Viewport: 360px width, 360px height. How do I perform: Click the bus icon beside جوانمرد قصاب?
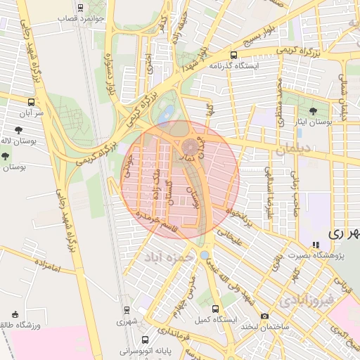tap(80, 8)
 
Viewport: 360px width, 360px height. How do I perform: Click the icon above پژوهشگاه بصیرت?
tap(316, 245)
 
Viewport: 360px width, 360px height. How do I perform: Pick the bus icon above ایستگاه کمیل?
tap(216, 309)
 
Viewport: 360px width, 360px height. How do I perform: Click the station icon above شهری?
tap(127, 309)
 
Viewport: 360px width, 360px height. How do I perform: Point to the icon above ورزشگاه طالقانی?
tap(15, 314)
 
